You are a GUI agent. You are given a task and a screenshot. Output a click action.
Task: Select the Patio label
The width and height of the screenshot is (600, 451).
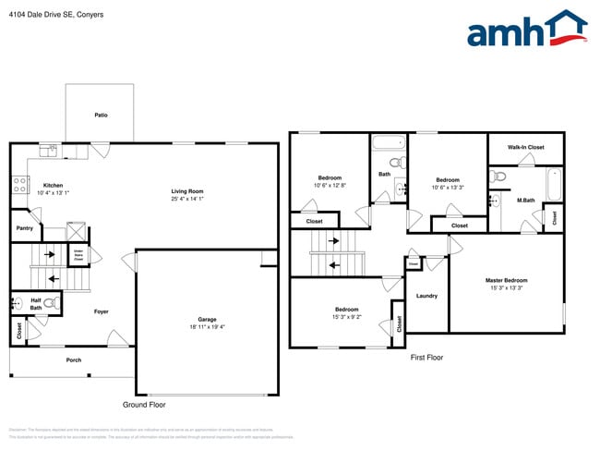pyautogui.click(x=101, y=116)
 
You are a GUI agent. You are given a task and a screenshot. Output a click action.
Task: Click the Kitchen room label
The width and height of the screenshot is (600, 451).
pyautogui.click(x=53, y=186)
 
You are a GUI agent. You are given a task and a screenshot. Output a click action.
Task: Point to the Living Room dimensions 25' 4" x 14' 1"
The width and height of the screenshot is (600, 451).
pyautogui.click(x=187, y=199)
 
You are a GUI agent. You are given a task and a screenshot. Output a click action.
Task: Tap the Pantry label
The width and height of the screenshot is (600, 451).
pyautogui.click(x=25, y=227)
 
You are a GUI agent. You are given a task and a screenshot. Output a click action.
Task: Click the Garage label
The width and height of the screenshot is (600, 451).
pyautogui.click(x=207, y=320)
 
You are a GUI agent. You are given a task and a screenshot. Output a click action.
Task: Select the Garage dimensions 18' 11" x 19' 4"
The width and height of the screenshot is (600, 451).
pyautogui.click(x=207, y=327)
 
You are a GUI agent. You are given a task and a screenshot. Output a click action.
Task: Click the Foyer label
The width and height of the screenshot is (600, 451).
pyautogui.click(x=102, y=311)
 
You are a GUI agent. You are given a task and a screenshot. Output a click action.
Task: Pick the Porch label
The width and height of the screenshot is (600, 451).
pyautogui.click(x=73, y=360)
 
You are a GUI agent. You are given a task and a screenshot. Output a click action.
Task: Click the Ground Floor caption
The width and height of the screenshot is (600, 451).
pyautogui.click(x=144, y=405)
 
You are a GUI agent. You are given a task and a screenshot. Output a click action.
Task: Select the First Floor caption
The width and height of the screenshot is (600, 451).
pyautogui.click(x=426, y=357)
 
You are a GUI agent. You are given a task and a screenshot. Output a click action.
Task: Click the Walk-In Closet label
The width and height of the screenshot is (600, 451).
pyautogui.click(x=525, y=147)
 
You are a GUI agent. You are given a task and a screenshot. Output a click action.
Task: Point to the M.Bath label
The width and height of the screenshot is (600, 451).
pyautogui.click(x=525, y=201)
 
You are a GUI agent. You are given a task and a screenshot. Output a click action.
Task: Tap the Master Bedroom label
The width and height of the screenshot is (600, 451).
pyautogui.click(x=506, y=280)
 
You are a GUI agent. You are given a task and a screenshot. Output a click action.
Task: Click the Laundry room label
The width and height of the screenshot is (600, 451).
pyautogui.click(x=426, y=296)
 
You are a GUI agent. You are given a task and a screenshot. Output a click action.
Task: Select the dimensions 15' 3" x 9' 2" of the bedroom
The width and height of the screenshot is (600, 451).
pyautogui.click(x=346, y=317)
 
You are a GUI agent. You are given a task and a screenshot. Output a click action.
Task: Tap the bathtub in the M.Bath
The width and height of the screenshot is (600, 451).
pyautogui.click(x=554, y=184)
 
